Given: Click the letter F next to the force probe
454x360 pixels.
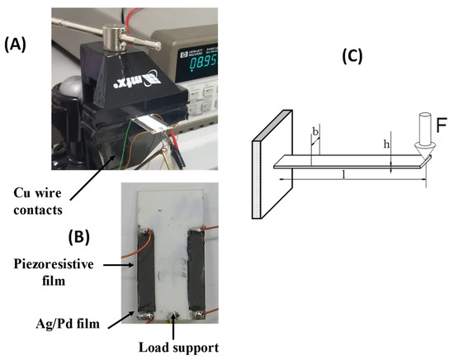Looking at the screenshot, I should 442,128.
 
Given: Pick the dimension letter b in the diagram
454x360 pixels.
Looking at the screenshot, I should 315,131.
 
